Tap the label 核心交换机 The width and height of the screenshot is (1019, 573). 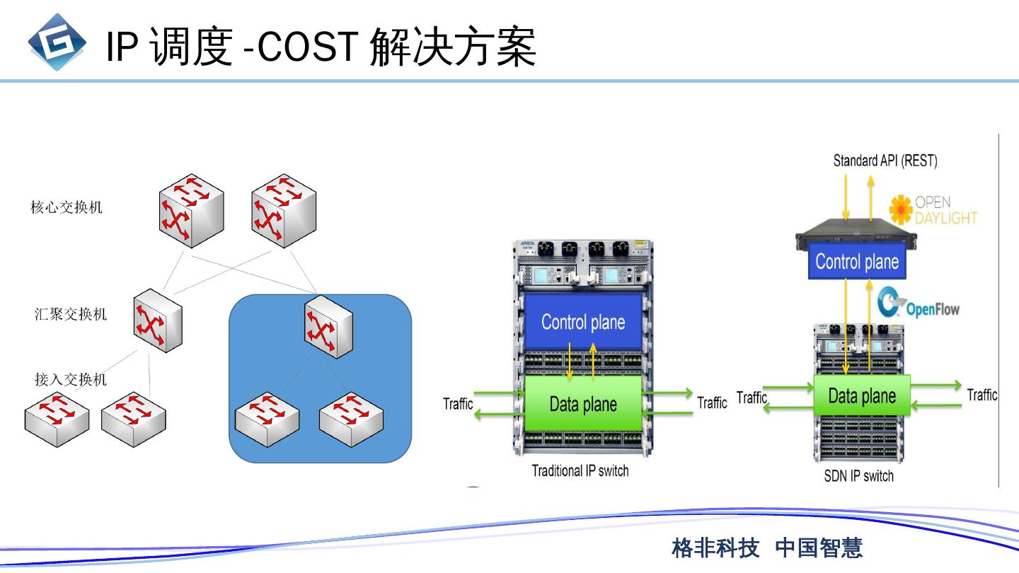coord(67,207)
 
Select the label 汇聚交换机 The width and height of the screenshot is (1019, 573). coord(71,314)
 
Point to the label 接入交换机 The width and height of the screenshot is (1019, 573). coord(71,379)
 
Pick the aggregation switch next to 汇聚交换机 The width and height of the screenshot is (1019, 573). coord(157,321)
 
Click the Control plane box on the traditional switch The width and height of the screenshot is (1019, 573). coord(583,323)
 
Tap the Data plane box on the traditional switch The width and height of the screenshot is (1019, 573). coord(583,404)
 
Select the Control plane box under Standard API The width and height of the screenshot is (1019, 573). coord(857,262)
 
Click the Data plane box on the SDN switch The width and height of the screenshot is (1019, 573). coord(861,395)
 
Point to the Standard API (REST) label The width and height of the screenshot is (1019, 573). coord(885,161)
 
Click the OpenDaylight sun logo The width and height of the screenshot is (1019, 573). coord(901,210)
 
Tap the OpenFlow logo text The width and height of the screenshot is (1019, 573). coord(933,309)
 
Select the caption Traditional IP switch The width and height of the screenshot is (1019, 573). coord(580,470)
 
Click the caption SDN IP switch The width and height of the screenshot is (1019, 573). coord(858,476)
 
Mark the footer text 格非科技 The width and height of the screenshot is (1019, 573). coord(715,548)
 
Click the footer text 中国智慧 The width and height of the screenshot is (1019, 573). coord(819,548)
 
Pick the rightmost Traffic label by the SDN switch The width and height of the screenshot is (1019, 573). coord(981,395)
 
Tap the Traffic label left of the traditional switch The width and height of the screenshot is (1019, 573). coord(458,404)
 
